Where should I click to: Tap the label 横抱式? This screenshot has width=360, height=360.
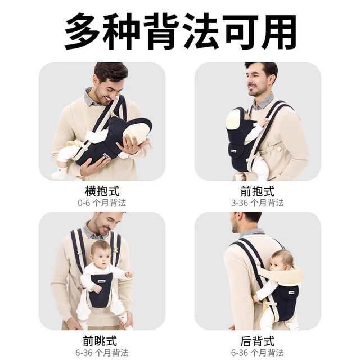pos(102,191)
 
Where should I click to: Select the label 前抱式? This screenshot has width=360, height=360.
pos(258,191)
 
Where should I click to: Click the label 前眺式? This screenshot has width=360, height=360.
pos(102,341)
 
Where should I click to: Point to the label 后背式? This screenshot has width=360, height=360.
pos(258,341)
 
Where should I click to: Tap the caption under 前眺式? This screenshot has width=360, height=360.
pos(102,353)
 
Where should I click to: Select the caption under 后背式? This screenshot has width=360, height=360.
pos(258,353)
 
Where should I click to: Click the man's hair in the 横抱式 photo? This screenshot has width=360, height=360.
pos(111,70)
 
